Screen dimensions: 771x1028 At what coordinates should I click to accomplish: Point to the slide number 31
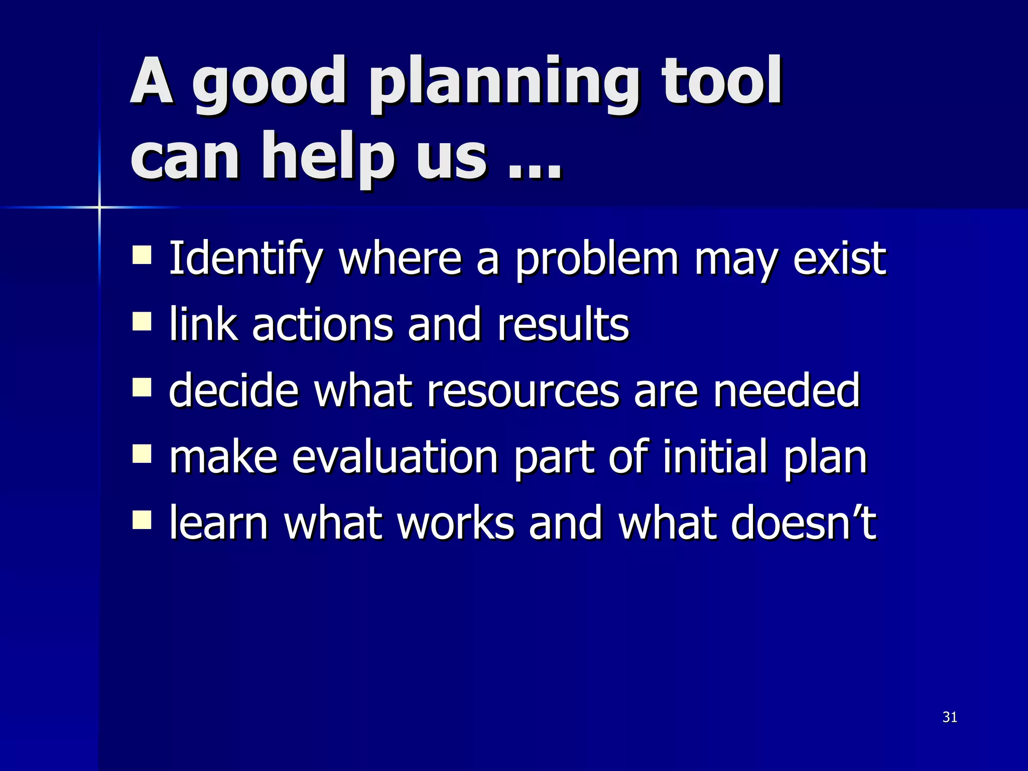tap(950, 717)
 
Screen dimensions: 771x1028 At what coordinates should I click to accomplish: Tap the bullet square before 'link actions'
tap(142, 321)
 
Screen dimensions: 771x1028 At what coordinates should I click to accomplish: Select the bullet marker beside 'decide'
tap(142, 388)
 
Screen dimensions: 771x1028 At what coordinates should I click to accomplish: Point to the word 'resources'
tap(523, 392)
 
